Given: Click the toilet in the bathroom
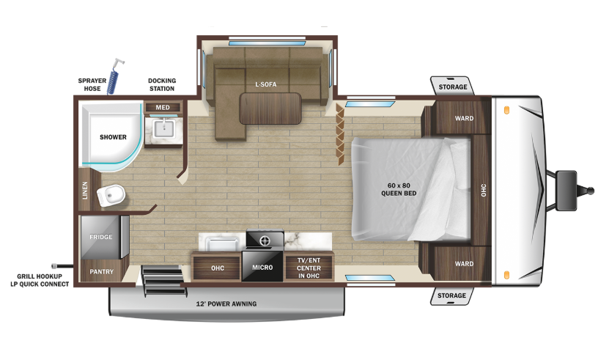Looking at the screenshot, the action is [x=111, y=195].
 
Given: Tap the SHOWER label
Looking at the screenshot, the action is [x=113, y=137].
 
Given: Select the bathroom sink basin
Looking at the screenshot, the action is [x=163, y=128].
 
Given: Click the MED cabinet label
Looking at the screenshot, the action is [x=163, y=108].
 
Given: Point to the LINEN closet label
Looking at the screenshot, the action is [x=85, y=191].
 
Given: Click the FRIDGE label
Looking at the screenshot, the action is [x=101, y=237].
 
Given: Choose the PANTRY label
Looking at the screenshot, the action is [x=102, y=272].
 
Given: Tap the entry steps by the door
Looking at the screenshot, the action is [x=163, y=280].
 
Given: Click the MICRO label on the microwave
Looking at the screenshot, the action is [x=262, y=268].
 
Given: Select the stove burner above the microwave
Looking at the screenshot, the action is [x=265, y=240].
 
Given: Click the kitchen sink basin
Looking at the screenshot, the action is [x=222, y=243].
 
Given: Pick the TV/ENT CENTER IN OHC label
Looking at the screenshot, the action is [x=309, y=268].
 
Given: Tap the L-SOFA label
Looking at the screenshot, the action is [x=266, y=84].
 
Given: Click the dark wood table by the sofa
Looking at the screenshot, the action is [x=270, y=109].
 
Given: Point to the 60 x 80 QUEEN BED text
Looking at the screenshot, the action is [x=399, y=189].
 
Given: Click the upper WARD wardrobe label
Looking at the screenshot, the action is [x=465, y=118].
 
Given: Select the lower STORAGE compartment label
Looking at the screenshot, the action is [x=451, y=295].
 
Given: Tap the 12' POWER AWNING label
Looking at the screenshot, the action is [x=226, y=304].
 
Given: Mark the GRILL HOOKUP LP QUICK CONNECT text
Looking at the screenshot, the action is [x=40, y=280].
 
